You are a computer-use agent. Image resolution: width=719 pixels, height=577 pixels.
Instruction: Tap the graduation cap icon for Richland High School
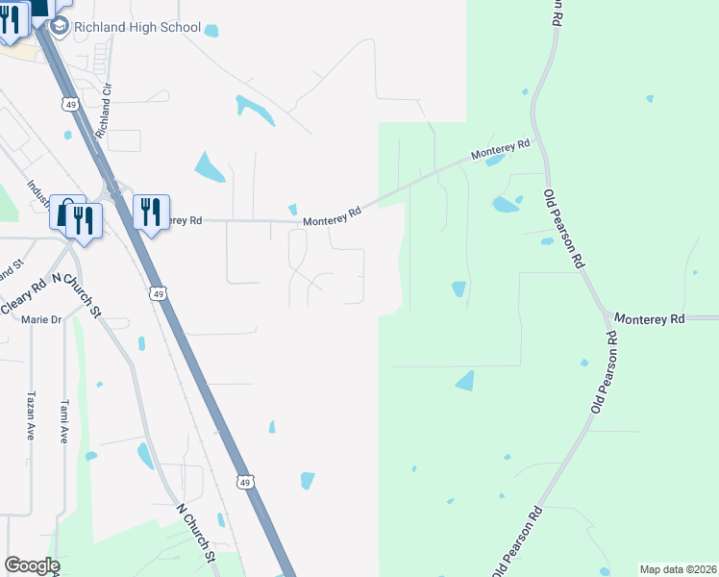59,28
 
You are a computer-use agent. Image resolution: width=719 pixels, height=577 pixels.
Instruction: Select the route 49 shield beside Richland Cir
69,102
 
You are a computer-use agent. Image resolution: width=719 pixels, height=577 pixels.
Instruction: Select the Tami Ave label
65,420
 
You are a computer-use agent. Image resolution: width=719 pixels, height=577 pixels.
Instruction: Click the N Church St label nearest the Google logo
195,530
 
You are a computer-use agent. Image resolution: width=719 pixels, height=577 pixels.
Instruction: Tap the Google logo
31,565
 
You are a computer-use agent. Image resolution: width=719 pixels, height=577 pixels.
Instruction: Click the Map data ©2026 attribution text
677,569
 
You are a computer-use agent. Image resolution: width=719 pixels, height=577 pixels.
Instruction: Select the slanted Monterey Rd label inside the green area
500,151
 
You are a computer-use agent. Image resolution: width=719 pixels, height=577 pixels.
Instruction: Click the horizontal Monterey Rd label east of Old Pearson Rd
649,318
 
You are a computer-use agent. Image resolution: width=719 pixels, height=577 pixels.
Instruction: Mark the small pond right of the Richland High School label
211,31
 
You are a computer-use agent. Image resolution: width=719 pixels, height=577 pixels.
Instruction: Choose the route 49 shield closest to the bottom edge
246,482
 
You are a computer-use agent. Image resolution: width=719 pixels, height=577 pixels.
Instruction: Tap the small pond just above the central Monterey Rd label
293,210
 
